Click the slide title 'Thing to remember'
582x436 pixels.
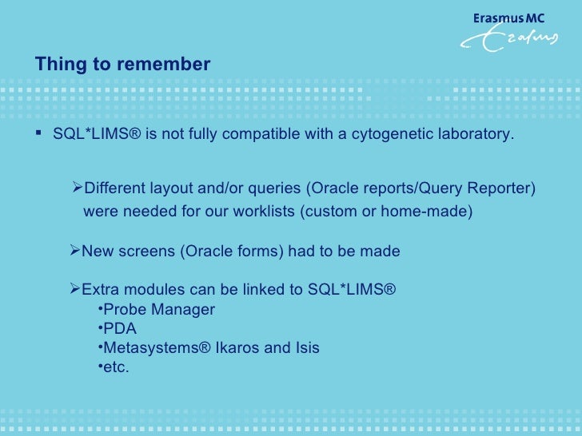(x=122, y=65)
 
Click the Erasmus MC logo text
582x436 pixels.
(x=508, y=17)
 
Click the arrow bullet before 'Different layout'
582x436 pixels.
(x=78, y=188)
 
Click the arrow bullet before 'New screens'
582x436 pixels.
(x=75, y=252)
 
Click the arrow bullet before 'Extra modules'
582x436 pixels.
(x=75, y=289)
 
